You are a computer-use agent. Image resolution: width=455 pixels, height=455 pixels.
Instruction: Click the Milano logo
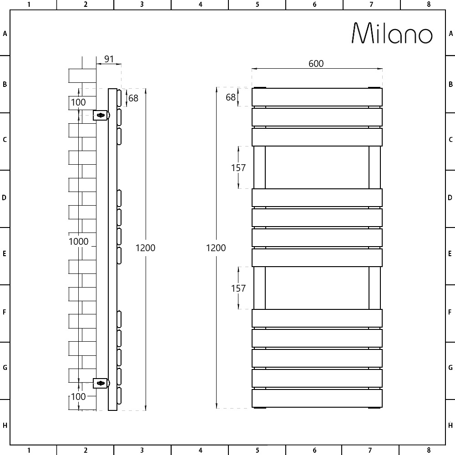(392, 33)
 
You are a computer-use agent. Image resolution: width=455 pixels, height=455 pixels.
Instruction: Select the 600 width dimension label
(316, 64)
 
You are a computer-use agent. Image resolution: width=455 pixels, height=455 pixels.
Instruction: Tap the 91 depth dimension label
(109, 59)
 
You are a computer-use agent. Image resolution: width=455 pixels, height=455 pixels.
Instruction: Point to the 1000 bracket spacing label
(78, 242)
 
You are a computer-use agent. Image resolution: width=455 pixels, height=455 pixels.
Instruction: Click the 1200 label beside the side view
(146, 248)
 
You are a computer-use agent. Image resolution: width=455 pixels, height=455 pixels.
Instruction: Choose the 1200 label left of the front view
(216, 248)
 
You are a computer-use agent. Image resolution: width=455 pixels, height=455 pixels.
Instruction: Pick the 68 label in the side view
(133, 98)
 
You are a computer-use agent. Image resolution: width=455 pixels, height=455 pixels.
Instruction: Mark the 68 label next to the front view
(231, 97)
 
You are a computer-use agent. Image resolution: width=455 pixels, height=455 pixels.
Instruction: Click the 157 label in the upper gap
(238, 168)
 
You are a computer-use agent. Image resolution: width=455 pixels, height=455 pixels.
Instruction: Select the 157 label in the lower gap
(238, 288)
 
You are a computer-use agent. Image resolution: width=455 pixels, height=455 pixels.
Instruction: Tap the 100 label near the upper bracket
(78, 102)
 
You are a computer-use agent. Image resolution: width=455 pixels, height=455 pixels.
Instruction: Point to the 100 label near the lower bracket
(78, 396)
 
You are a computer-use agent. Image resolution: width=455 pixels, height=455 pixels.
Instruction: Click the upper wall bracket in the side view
(101, 116)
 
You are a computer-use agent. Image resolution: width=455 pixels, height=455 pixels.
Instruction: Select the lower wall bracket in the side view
(101, 384)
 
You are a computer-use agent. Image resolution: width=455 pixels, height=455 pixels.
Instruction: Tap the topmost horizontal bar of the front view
(317, 97)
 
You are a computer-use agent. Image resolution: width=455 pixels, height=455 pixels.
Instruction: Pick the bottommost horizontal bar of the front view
(317, 399)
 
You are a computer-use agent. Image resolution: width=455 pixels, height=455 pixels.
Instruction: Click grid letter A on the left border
(5, 34)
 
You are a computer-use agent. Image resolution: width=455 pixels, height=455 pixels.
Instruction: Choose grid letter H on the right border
(450, 426)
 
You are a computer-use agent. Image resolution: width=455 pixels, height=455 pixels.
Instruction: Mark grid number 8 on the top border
(429, 5)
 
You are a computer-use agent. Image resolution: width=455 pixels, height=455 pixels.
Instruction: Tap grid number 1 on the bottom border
(29, 450)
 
